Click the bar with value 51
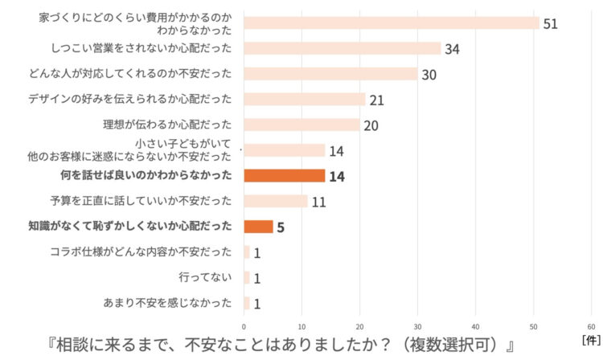click(391, 22)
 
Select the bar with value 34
click(342, 48)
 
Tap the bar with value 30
click(330, 74)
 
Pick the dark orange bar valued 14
click(284, 175)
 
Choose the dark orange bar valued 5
click(258, 227)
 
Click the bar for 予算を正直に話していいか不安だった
click(275, 201)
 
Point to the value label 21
click(377, 100)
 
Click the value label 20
click(371, 125)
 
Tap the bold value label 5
click(281, 227)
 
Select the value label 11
click(318, 202)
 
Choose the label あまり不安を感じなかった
click(167, 303)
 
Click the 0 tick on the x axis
click(244, 326)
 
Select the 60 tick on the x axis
click(591, 326)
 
